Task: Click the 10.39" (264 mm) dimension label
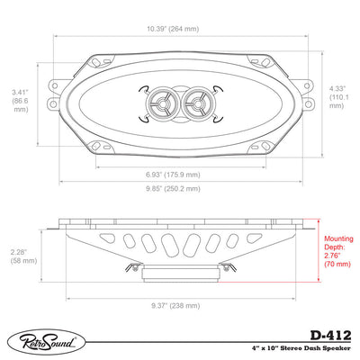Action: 173,29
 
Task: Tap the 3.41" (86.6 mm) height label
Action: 21,101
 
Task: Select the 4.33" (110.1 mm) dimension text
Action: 339,97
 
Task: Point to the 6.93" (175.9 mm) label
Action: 173,175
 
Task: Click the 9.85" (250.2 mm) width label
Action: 173,189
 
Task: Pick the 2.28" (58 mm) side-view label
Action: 23,256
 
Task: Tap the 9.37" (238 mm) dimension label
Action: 175,306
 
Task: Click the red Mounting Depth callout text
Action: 338,251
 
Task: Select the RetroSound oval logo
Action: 47,342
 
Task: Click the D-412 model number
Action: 330,335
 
